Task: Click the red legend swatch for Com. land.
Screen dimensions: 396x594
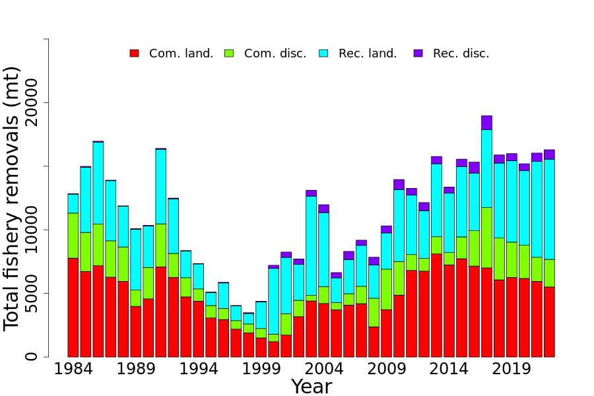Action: tap(134, 53)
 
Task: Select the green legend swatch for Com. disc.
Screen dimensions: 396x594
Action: tap(229, 53)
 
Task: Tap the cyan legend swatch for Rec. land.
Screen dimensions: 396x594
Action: tap(323, 53)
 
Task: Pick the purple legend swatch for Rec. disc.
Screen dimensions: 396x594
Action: tap(418, 53)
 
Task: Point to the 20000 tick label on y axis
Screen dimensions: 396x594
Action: tap(32, 103)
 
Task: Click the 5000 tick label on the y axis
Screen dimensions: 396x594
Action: tap(32, 293)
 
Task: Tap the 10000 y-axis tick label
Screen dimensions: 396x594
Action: tap(32, 230)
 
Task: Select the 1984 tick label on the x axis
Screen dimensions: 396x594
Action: tap(73, 369)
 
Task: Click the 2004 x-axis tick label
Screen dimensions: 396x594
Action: tap(323, 369)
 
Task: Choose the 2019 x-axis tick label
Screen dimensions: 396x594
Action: tap(511, 369)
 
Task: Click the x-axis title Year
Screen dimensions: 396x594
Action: tap(311, 387)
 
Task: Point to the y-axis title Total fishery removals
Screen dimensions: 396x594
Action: tap(13, 198)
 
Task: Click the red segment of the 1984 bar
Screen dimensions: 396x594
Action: tap(73, 307)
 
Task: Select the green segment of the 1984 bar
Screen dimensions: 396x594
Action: tap(73, 236)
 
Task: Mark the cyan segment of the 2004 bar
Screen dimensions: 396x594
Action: tap(323, 249)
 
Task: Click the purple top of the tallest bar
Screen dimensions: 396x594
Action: tap(486, 122)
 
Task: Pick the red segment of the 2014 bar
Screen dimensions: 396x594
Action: tap(449, 310)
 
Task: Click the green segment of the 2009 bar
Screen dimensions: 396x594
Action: tap(386, 289)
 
